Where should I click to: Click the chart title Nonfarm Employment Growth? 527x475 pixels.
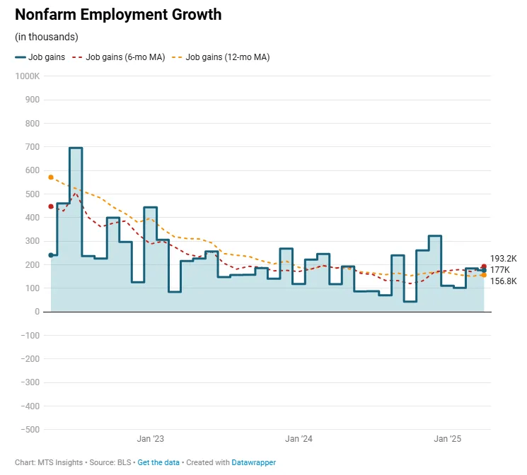(x=117, y=14)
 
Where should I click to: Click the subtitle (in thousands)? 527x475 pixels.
(x=46, y=37)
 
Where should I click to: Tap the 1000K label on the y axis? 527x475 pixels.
(x=28, y=76)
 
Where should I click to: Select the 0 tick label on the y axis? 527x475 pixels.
(x=37, y=312)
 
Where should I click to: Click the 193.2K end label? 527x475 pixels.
(x=503, y=259)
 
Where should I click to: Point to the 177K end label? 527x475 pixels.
(x=499, y=270)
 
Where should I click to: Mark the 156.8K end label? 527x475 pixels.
(x=503, y=281)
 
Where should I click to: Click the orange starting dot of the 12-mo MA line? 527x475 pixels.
(x=51, y=177)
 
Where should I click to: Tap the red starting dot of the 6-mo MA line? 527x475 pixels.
(x=51, y=206)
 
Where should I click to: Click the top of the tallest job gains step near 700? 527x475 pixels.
(x=76, y=148)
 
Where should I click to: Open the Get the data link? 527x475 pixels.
(x=158, y=462)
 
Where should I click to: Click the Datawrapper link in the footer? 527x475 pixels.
(x=253, y=462)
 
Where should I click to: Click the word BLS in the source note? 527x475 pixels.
(x=125, y=462)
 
